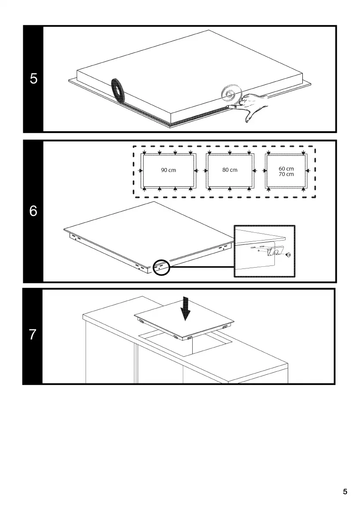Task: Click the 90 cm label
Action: pyautogui.click(x=169, y=170)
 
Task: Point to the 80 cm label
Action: pyautogui.click(x=230, y=170)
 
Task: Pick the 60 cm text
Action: pyautogui.click(x=286, y=169)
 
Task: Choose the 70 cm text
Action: pyautogui.click(x=286, y=174)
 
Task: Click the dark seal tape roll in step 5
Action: pyautogui.click(x=117, y=89)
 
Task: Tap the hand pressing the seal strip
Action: pyautogui.click(x=252, y=106)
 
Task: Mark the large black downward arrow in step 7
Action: pyautogui.click(x=186, y=309)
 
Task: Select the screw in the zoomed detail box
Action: pyautogui.click(x=288, y=255)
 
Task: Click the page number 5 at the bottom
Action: pyautogui.click(x=345, y=492)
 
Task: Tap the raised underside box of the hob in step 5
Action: pyautogui.click(x=189, y=73)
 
